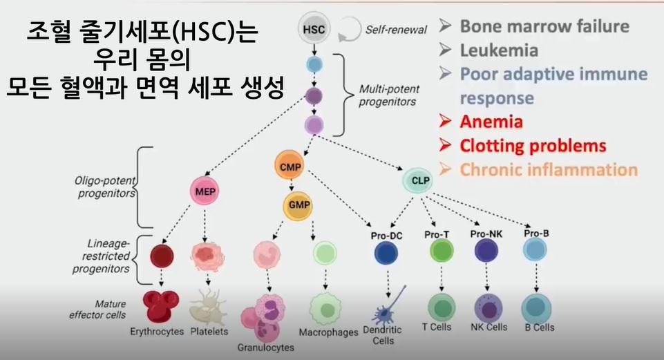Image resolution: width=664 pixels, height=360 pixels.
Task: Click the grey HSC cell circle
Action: (314, 29)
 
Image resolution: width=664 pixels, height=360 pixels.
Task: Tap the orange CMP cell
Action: (290, 167)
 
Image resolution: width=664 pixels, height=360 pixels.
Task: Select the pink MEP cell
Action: (205, 191)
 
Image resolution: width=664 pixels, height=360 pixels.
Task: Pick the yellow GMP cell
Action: (299, 205)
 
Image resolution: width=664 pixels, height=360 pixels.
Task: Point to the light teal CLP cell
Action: (420, 180)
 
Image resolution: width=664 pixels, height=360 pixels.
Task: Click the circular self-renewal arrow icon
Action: (350, 29)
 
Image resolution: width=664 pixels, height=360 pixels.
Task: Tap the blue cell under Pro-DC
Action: (386, 254)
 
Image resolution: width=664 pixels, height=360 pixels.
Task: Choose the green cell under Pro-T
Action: (442, 250)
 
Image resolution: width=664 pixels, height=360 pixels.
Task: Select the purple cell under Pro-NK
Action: (486, 250)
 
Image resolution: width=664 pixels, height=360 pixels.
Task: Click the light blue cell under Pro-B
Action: (535, 249)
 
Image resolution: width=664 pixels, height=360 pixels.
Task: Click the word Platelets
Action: (209, 332)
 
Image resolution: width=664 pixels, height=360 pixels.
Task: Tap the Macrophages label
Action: (329, 332)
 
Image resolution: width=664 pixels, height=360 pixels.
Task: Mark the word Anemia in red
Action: (491, 122)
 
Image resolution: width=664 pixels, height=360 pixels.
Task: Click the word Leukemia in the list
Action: (500, 50)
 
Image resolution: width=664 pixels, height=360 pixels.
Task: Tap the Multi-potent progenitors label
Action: (389, 95)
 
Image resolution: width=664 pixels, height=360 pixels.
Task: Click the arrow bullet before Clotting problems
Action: (445, 145)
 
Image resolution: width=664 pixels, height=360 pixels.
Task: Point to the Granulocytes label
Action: (265, 348)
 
